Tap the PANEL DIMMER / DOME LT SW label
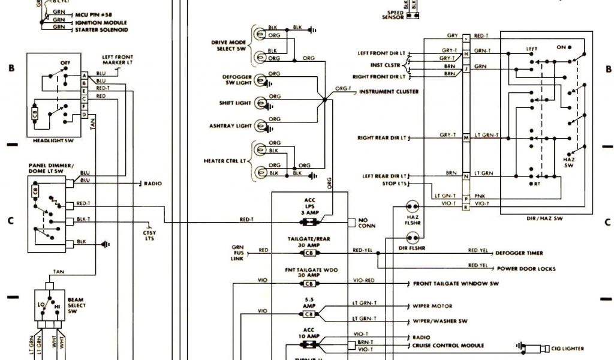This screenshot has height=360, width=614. (51, 168)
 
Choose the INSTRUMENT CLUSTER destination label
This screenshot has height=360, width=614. (389, 92)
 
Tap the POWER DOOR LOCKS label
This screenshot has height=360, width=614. (525, 269)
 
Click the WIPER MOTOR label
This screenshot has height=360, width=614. (433, 306)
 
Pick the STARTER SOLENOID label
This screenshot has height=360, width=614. (100, 29)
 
